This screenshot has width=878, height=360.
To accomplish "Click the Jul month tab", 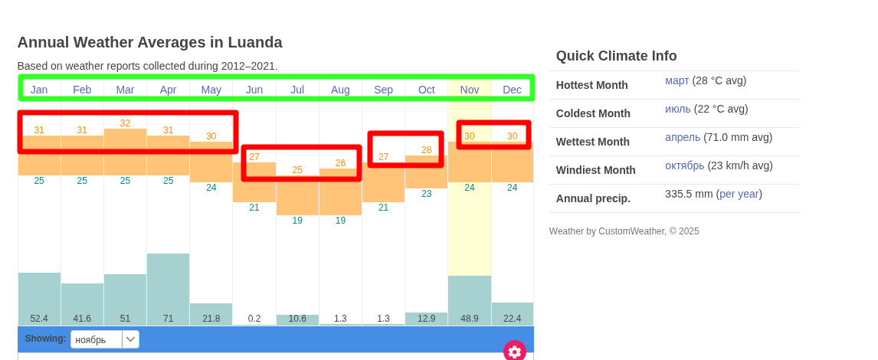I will (x=297, y=90).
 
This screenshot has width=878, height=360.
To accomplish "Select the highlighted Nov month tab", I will (x=470, y=90).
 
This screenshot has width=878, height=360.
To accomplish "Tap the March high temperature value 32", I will (x=125, y=123).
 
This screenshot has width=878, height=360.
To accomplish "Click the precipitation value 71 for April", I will (x=168, y=318).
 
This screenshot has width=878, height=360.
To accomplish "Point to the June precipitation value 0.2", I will (x=254, y=318).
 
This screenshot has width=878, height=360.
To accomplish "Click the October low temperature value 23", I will (x=427, y=194).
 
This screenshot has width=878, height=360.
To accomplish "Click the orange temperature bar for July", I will (x=297, y=195).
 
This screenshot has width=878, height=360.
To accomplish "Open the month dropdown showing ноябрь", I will (x=105, y=339).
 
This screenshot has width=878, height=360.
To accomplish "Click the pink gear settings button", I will (x=514, y=351).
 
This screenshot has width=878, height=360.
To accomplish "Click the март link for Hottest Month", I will (x=677, y=80).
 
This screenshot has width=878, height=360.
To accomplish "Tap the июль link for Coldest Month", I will (x=677, y=109).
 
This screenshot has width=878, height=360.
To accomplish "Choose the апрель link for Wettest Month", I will (x=683, y=137).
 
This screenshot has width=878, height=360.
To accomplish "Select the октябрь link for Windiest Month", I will (x=684, y=165).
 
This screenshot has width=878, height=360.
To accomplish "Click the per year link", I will (x=739, y=194).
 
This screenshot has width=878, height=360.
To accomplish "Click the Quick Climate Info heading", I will (x=616, y=56).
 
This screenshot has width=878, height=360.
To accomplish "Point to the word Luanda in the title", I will (x=254, y=42).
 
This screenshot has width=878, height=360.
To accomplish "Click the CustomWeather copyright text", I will (x=624, y=231).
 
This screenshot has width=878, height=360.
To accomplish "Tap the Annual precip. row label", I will (x=593, y=198).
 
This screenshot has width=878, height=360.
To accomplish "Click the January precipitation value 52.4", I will (x=39, y=318).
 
